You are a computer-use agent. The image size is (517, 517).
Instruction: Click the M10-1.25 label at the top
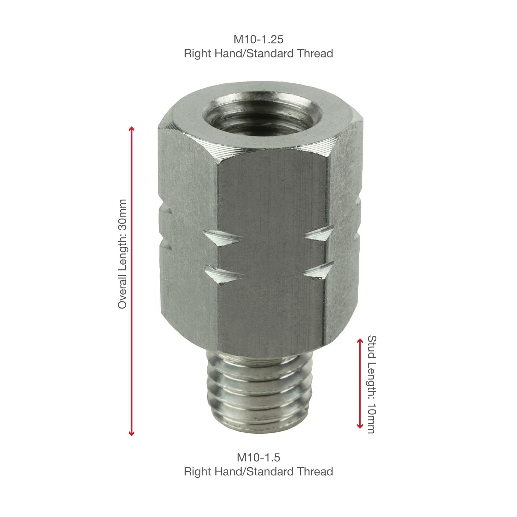click(258, 39)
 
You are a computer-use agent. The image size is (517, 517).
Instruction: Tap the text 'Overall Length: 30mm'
click(122, 254)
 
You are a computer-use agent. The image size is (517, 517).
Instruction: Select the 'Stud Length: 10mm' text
click(372, 384)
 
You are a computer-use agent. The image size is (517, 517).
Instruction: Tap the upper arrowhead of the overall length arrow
click(132, 129)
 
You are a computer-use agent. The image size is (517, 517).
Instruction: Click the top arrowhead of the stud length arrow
click(360, 340)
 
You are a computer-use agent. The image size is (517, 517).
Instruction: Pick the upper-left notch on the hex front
click(223, 238)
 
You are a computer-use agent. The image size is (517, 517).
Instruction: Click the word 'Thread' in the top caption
click(315, 53)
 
